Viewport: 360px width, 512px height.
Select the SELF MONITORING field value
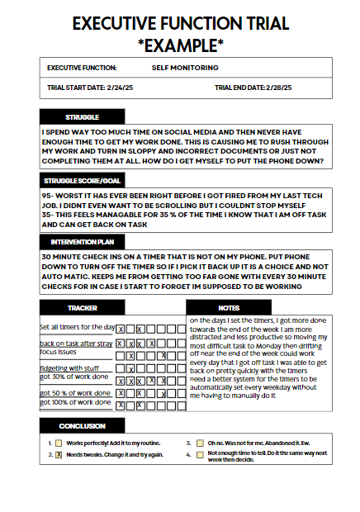[x=185, y=68]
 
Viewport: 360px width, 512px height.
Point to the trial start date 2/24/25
[x=116, y=88]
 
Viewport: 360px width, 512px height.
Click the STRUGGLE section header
[x=82, y=117]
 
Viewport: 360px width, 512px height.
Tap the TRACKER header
[x=82, y=307]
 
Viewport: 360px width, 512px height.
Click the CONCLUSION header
[x=82, y=425]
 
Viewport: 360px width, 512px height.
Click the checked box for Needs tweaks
[x=59, y=454]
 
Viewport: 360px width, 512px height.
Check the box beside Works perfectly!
[x=59, y=443]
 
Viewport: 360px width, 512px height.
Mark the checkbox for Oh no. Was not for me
[x=200, y=443]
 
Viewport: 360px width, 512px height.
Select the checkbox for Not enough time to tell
[x=200, y=454]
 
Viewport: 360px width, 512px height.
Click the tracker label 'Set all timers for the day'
[x=77, y=327]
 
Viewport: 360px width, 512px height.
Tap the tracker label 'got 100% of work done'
[x=74, y=402]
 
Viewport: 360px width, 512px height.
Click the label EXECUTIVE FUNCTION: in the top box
[x=82, y=68]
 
